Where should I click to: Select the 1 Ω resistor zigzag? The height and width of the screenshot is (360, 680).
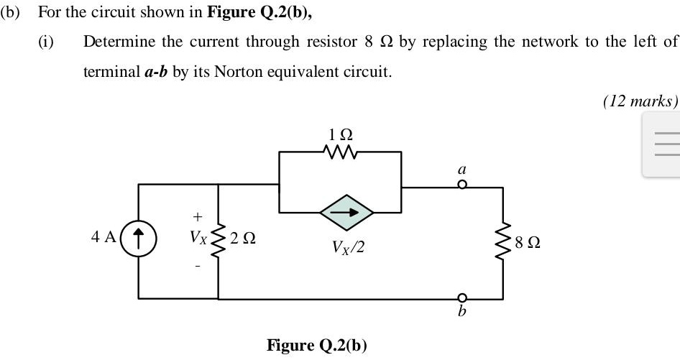340,152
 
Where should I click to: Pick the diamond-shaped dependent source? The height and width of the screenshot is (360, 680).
347,212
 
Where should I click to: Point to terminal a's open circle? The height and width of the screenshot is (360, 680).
463,185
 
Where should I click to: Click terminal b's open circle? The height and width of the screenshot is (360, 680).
463,298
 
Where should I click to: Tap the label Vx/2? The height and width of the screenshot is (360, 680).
348,247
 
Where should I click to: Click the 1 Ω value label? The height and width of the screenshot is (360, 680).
340,134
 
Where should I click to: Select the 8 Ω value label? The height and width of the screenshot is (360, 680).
528,243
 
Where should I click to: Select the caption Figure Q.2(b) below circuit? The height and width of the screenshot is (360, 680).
316,345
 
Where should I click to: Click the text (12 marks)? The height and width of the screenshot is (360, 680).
640,101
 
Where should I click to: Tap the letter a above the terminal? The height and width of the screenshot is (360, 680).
462,170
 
